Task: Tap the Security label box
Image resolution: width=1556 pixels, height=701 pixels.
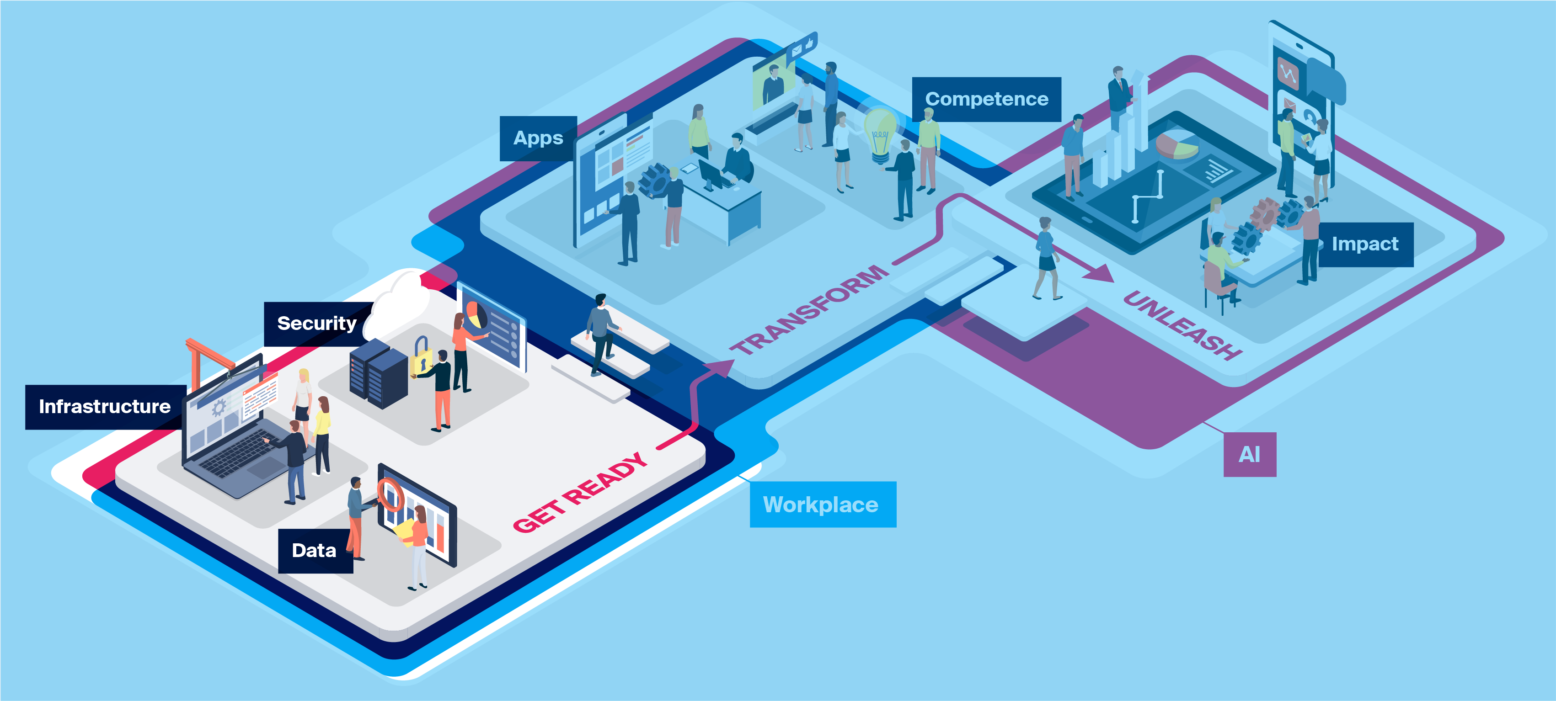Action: click(316, 324)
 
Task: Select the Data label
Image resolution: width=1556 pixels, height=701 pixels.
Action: click(314, 550)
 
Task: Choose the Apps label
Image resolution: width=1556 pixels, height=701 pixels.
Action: click(538, 138)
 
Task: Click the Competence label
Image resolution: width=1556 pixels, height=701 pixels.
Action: click(986, 99)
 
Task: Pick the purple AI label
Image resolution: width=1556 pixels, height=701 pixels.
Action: click(1249, 454)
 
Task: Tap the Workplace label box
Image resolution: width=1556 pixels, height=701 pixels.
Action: click(822, 504)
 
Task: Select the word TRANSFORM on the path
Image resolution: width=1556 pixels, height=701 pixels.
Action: click(809, 309)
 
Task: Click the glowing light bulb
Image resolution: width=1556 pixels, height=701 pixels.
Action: click(879, 134)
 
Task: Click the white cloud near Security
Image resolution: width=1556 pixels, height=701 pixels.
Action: click(399, 305)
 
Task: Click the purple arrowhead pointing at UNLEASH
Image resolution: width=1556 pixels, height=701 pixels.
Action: click(1101, 273)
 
